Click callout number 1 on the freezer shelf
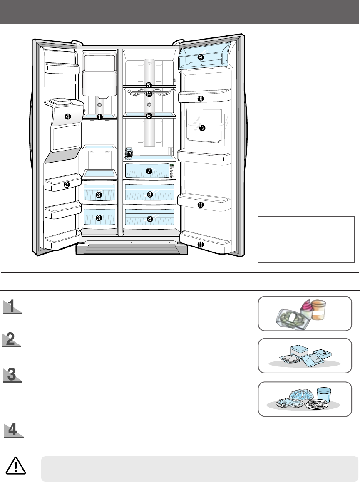(99, 117)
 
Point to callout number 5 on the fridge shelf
(149, 85)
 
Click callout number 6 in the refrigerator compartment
(149, 116)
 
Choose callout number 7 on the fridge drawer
(149, 171)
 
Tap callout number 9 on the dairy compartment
(200, 57)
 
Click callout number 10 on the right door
(200, 99)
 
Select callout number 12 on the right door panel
(202, 128)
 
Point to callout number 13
(129, 154)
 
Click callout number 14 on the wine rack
(149, 94)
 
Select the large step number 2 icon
(12, 341)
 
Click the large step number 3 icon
(12, 375)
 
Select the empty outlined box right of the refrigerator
(306, 240)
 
